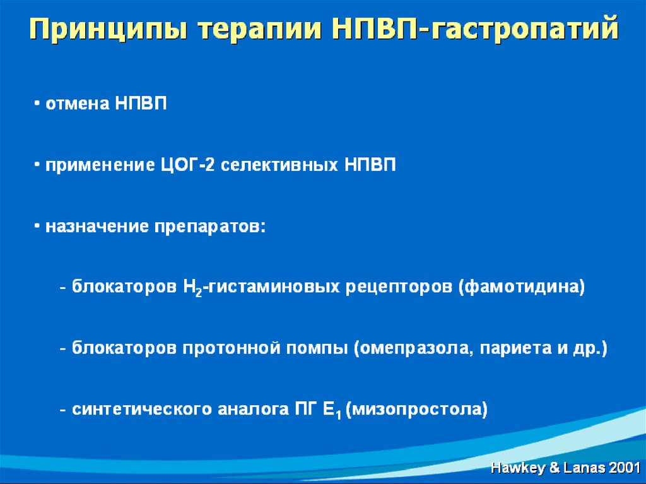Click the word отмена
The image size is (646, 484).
click(x=78, y=103)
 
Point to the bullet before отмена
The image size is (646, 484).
click(x=37, y=103)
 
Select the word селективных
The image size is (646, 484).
click(x=279, y=165)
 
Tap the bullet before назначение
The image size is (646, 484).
click(x=37, y=226)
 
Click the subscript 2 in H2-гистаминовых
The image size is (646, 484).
click(x=199, y=292)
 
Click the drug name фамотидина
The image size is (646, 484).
click(x=522, y=286)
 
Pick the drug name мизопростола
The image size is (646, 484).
click(x=416, y=410)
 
